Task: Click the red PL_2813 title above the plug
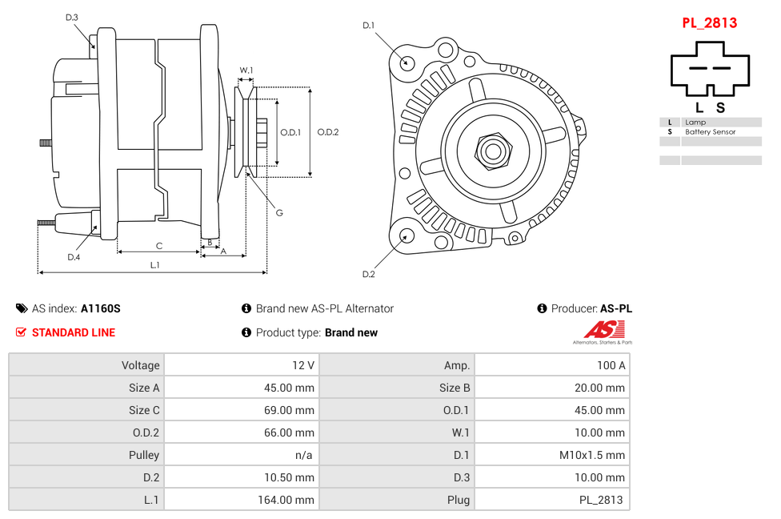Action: pyautogui.click(x=709, y=23)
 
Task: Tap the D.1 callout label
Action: pyautogui.click(x=368, y=26)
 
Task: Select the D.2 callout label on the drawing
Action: pyautogui.click(x=368, y=274)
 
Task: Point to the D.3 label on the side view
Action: pyautogui.click(x=71, y=18)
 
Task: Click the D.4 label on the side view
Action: pyautogui.click(x=74, y=257)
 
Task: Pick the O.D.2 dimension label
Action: pyautogui.click(x=328, y=132)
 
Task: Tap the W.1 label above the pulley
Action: pyautogui.click(x=246, y=70)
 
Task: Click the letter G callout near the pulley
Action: pyautogui.click(x=279, y=213)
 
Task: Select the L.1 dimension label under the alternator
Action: pyautogui.click(x=155, y=264)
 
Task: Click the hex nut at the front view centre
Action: pyautogui.click(x=492, y=150)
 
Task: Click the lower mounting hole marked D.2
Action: pyautogui.click(x=406, y=235)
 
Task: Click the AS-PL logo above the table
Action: pyautogui.click(x=604, y=332)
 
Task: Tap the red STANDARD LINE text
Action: pyautogui.click(x=74, y=332)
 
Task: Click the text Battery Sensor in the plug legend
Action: pyautogui.click(x=710, y=131)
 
